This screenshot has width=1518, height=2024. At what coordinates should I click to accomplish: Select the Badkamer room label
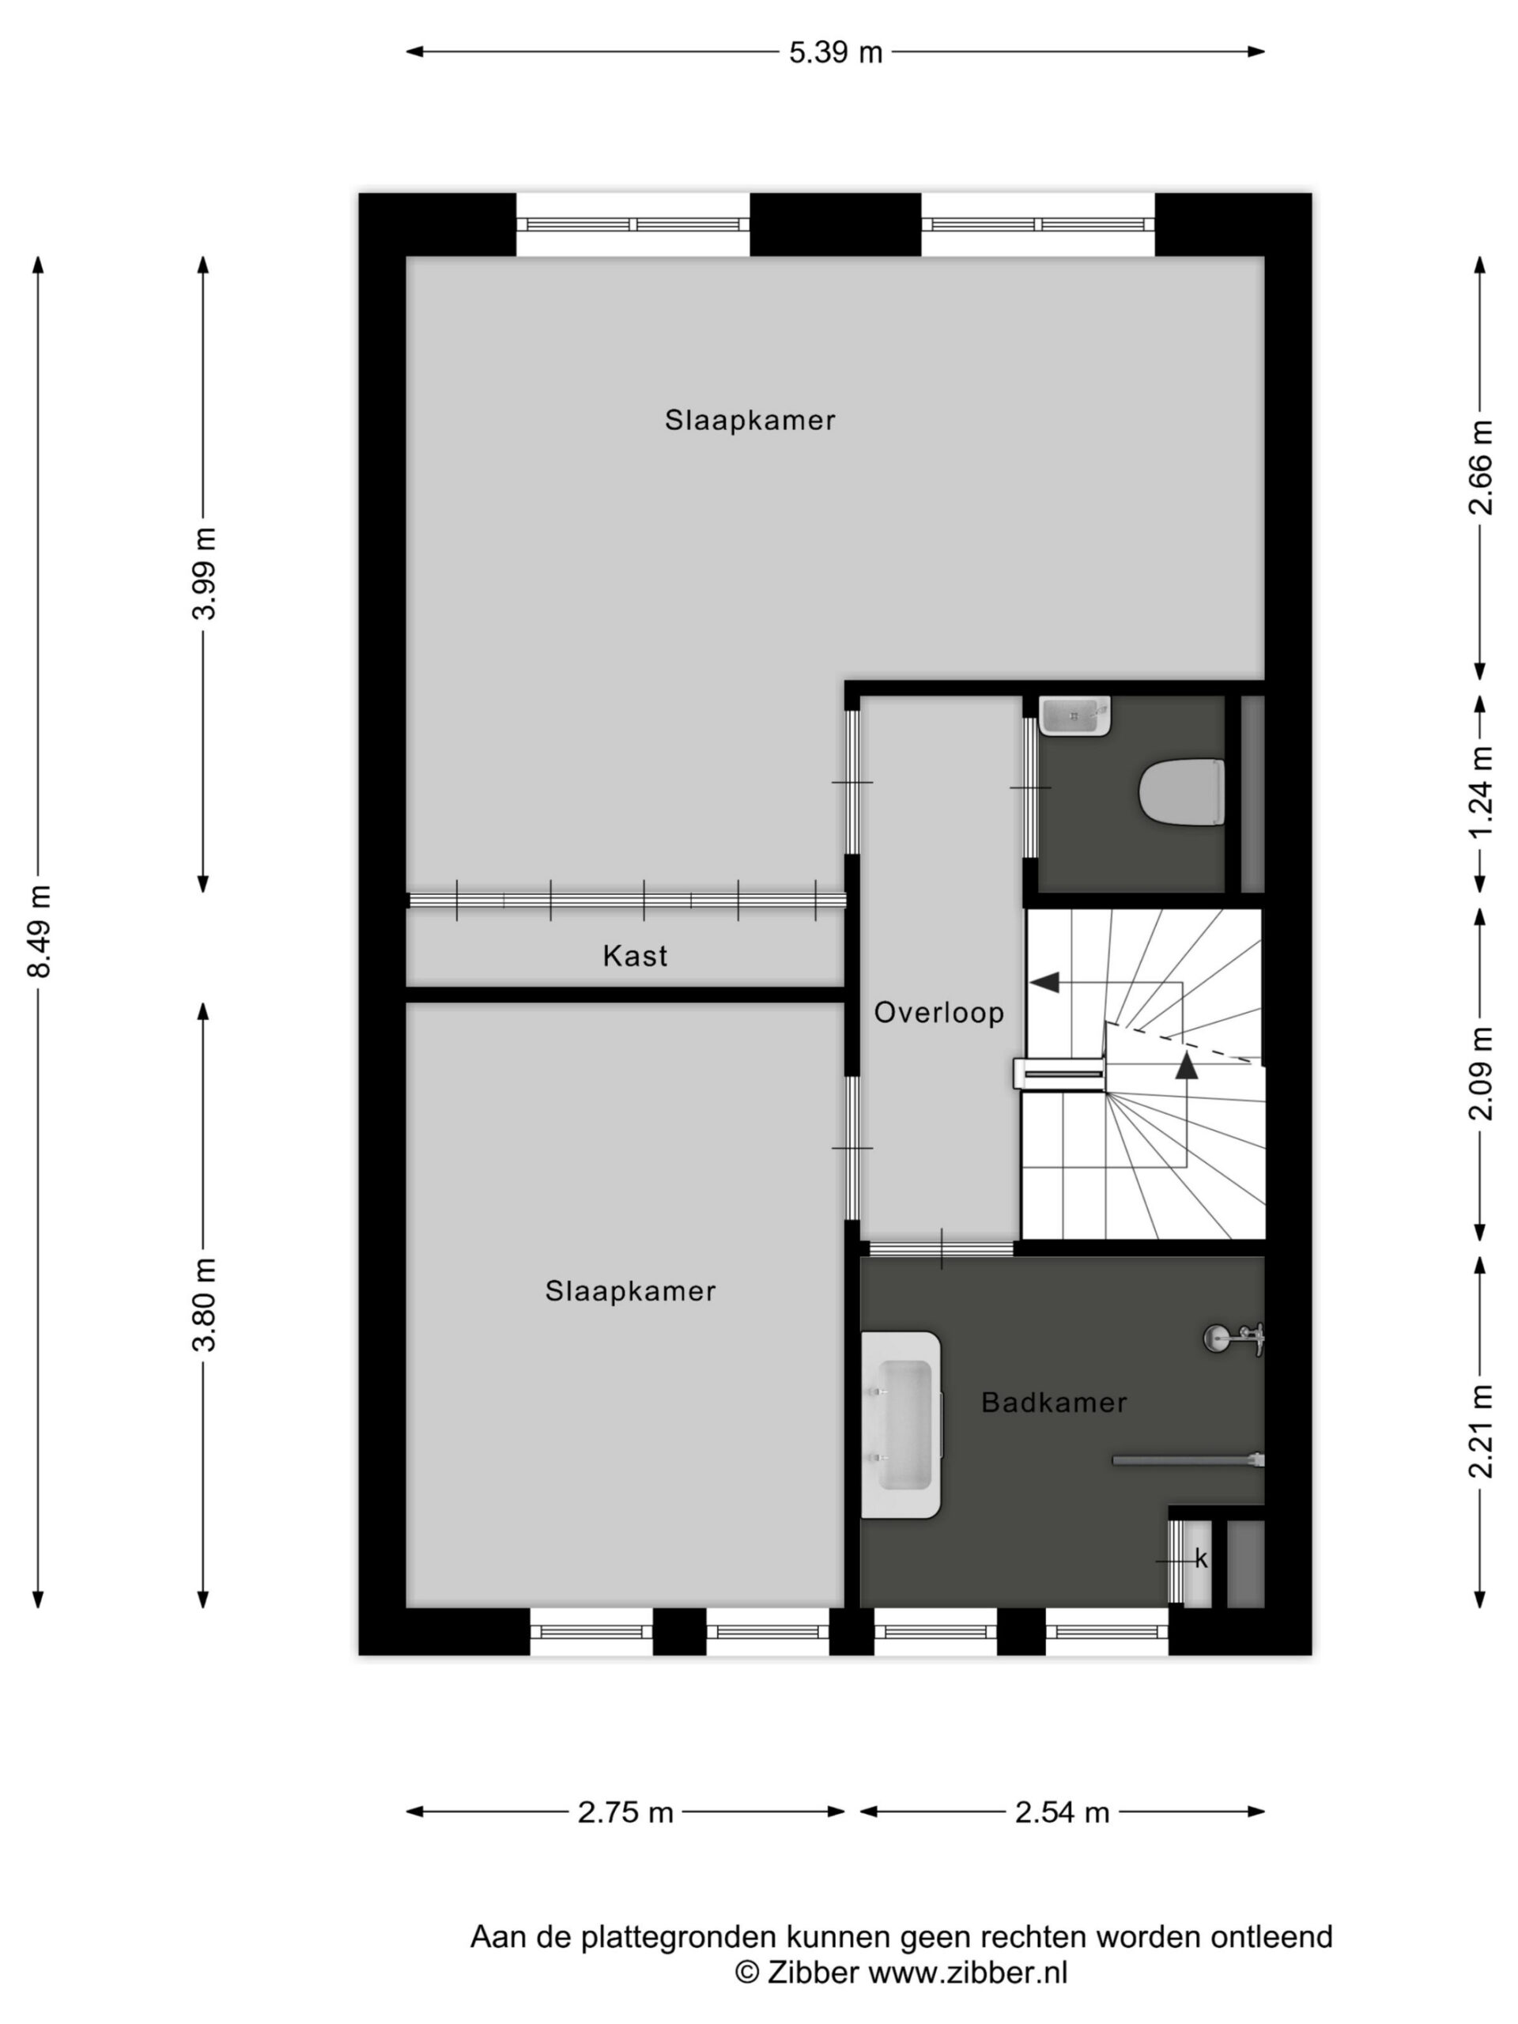tap(1054, 1403)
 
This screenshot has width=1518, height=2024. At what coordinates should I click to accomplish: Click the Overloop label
tap(938, 1013)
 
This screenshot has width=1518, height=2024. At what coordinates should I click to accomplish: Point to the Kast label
tap(635, 956)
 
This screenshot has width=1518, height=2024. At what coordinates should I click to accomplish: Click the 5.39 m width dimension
tap(836, 52)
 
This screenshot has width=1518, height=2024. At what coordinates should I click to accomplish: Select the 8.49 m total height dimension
tap(40, 931)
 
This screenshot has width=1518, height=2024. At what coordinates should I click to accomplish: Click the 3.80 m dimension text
tap(204, 1305)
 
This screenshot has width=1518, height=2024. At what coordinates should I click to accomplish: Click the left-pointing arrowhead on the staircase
tap(1045, 983)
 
